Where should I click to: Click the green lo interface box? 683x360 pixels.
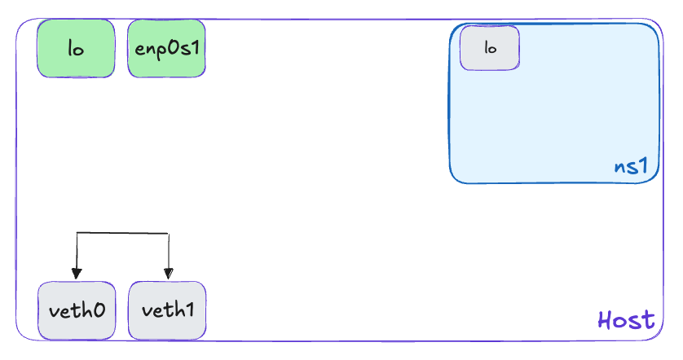[x=75, y=48]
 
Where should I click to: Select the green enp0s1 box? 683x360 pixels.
[x=166, y=48]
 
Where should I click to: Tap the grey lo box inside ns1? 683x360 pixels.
[x=490, y=48]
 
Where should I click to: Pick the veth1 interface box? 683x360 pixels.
[x=167, y=310]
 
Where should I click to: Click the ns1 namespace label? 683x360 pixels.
[x=631, y=167]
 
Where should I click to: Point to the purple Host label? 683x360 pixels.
[x=626, y=319]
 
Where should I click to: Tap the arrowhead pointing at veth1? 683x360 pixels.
[x=168, y=274]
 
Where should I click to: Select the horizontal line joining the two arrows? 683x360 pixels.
[x=122, y=234]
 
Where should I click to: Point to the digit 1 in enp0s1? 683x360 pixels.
[x=196, y=47]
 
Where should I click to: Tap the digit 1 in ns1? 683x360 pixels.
[x=642, y=167]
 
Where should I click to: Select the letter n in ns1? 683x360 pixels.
[x=619, y=168]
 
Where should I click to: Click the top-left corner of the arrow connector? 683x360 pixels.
[x=77, y=234]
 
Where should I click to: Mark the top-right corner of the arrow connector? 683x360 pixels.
[x=168, y=234]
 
